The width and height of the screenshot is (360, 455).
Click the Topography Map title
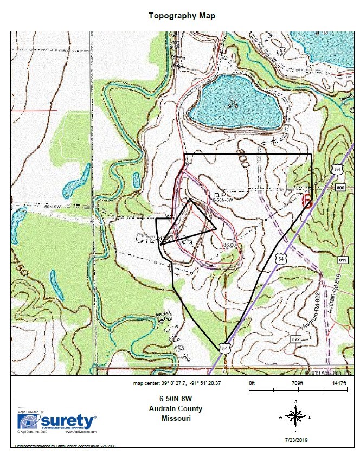tap(182, 16)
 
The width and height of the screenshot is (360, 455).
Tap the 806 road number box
tap(340, 188)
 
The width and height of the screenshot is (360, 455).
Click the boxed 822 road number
tap(295, 339)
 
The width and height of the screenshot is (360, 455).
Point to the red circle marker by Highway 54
tap(306, 200)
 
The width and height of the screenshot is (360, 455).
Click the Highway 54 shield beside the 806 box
tap(338, 170)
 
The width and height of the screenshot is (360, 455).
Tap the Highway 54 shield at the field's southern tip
tap(224, 348)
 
